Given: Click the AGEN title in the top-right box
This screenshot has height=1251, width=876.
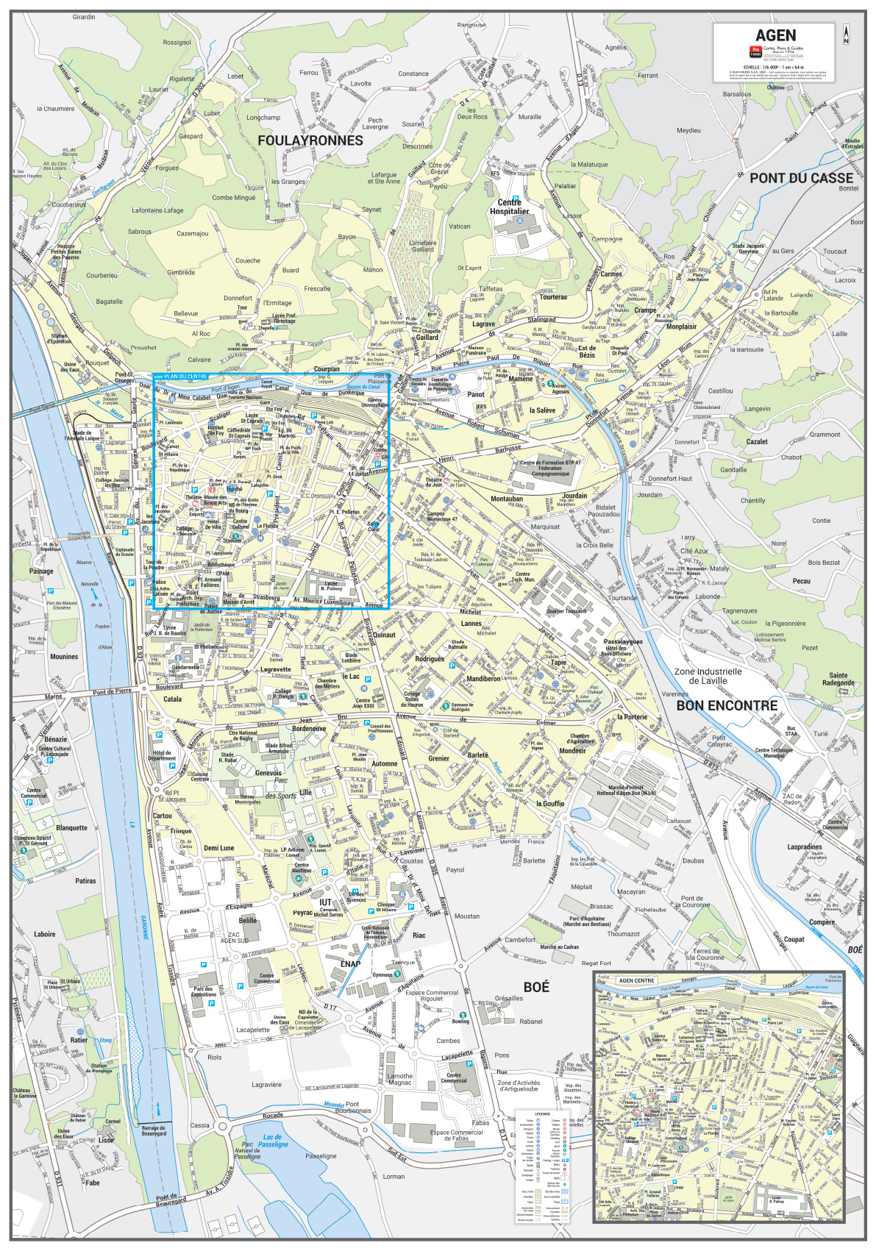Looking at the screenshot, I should pyautogui.click(x=775, y=35).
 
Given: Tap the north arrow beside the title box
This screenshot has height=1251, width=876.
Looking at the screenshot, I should pyautogui.click(x=847, y=34).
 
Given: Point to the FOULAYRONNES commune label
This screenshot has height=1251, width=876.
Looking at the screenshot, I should pyautogui.click(x=310, y=140).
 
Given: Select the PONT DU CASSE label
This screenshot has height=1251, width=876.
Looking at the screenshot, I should pyautogui.click(x=801, y=177).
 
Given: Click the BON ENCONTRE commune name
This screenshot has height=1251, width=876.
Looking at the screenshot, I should pyautogui.click(x=727, y=705).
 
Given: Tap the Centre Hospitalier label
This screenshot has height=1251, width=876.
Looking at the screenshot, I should pyautogui.click(x=509, y=207).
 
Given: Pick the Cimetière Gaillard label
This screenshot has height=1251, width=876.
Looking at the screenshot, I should pyautogui.click(x=422, y=246).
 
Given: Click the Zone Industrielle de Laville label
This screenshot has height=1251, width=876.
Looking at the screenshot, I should pyautogui.click(x=708, y=676).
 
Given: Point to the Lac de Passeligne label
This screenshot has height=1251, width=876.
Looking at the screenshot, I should pyautogui.click(x=273, y=1141).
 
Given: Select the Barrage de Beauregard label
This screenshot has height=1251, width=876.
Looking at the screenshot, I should pyautogui.click(x=154, y=1130).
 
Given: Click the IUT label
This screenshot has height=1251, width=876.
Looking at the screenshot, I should pyautogui.click(x=325, y=902).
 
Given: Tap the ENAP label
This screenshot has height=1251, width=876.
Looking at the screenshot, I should pyautogui.click(x=350, y=963).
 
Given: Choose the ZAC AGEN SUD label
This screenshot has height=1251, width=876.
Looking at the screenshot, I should pyautogui.click(x=234, y=938).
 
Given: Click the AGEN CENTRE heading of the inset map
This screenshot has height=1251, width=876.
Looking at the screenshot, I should pyautogui.click(x=636, y=980).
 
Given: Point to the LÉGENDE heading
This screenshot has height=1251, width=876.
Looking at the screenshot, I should pyautogui.click(x=543, y=1113).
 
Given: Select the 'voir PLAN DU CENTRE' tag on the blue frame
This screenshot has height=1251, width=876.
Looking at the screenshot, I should pyautogui.click(x=180, y=377).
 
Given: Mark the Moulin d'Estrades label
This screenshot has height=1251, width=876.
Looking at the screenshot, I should pyautogui.click(x=852, y=143).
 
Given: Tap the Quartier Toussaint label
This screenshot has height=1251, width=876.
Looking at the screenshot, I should pyautogui.click(x=566, y=611).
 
